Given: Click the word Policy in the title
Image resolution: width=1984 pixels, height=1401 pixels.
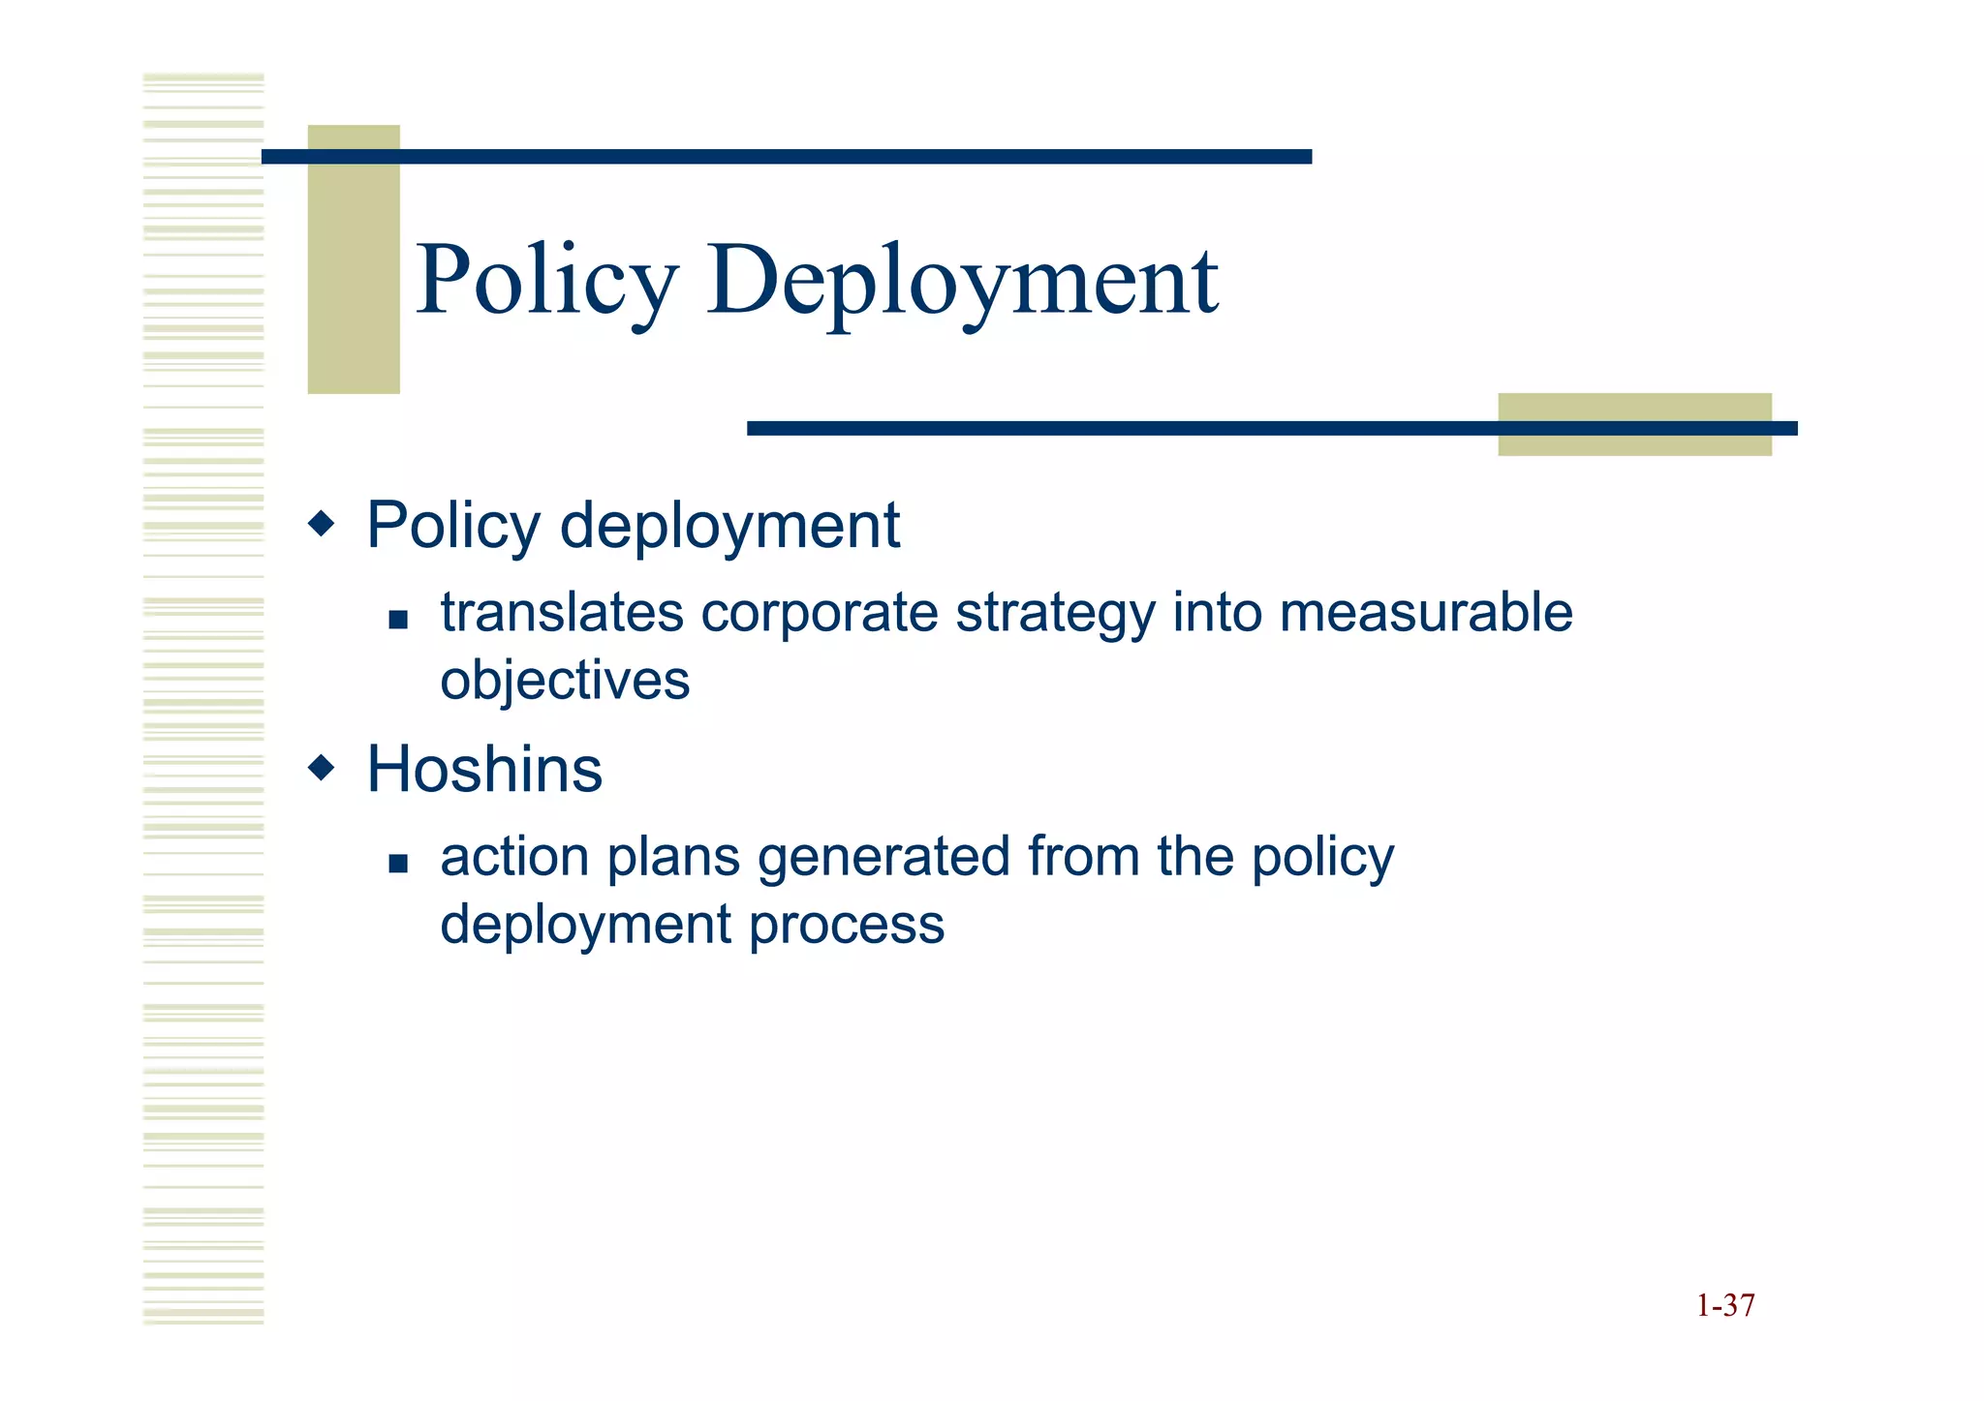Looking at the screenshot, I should [546, 282].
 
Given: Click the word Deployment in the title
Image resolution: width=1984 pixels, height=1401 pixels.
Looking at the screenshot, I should [962, 282].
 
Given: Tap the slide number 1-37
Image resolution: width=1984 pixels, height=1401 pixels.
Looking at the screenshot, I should [1724, 1305].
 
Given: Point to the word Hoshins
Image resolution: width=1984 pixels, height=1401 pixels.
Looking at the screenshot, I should [484, 770].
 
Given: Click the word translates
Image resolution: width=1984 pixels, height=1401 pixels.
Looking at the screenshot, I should [562, 613].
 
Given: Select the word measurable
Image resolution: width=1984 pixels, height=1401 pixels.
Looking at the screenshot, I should [1425, 613].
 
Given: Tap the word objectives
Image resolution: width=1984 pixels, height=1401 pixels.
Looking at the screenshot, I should [565, 681].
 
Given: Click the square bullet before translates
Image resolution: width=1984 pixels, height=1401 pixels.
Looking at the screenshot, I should [397, 620].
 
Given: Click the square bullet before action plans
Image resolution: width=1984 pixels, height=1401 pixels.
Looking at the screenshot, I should [397, 863].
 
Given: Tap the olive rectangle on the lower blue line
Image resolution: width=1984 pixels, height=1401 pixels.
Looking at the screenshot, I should [1634, 424].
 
